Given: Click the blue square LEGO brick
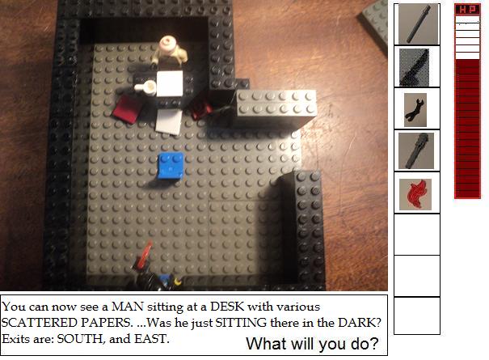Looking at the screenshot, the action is pos(171,166).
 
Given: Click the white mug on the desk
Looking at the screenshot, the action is pos(146,87).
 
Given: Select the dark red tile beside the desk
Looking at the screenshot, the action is pos(128,109).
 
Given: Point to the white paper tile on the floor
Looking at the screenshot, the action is pos(169,121).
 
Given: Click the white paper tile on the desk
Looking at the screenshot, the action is pos(170,83).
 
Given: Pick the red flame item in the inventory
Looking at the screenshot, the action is pos(415,194).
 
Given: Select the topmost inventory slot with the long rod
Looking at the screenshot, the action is pos(417,24).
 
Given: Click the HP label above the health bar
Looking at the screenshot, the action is pos(467,10).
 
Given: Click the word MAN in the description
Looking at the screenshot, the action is pos(128,307).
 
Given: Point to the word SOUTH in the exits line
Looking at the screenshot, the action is pos(79,339).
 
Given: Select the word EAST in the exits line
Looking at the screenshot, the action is pos(150,339).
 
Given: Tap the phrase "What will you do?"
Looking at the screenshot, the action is pos(312,344).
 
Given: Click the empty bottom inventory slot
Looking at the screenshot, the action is pos(417,316).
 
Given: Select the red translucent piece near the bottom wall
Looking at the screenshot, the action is pos(145,254).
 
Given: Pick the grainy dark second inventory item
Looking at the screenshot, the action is pos(414,67).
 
